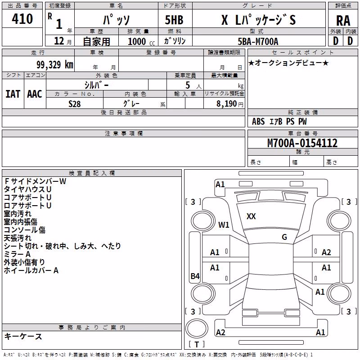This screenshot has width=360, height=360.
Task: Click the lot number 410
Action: click(22, 19)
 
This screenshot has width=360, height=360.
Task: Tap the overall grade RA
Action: click(343, 21)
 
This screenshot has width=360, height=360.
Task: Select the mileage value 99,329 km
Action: click(55, 65)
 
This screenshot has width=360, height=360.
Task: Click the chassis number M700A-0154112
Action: click(302, 143)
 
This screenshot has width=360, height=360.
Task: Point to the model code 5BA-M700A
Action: click(258, 41)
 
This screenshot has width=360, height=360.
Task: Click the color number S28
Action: click(75, 104)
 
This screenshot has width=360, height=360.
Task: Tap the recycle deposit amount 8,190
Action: click(226, 104)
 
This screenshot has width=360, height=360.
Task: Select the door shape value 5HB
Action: click(174, 20)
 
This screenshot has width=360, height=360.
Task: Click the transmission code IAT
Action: click(13, 94)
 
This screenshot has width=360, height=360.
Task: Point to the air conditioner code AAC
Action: click(35, 94)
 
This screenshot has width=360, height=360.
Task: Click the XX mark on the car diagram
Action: click(251, 216)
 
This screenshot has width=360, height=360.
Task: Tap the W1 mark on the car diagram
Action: click(224, 225)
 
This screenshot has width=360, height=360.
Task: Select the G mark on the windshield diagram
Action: click(284, 237)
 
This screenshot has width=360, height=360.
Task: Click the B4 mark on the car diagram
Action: click(195, 276)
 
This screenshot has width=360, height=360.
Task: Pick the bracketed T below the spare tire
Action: click(197, 344)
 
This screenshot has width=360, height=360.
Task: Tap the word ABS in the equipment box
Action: click(258, 121)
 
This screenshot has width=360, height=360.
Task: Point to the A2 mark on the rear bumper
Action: click(220, 333)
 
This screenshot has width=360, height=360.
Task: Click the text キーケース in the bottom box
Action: click(23, 337)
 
